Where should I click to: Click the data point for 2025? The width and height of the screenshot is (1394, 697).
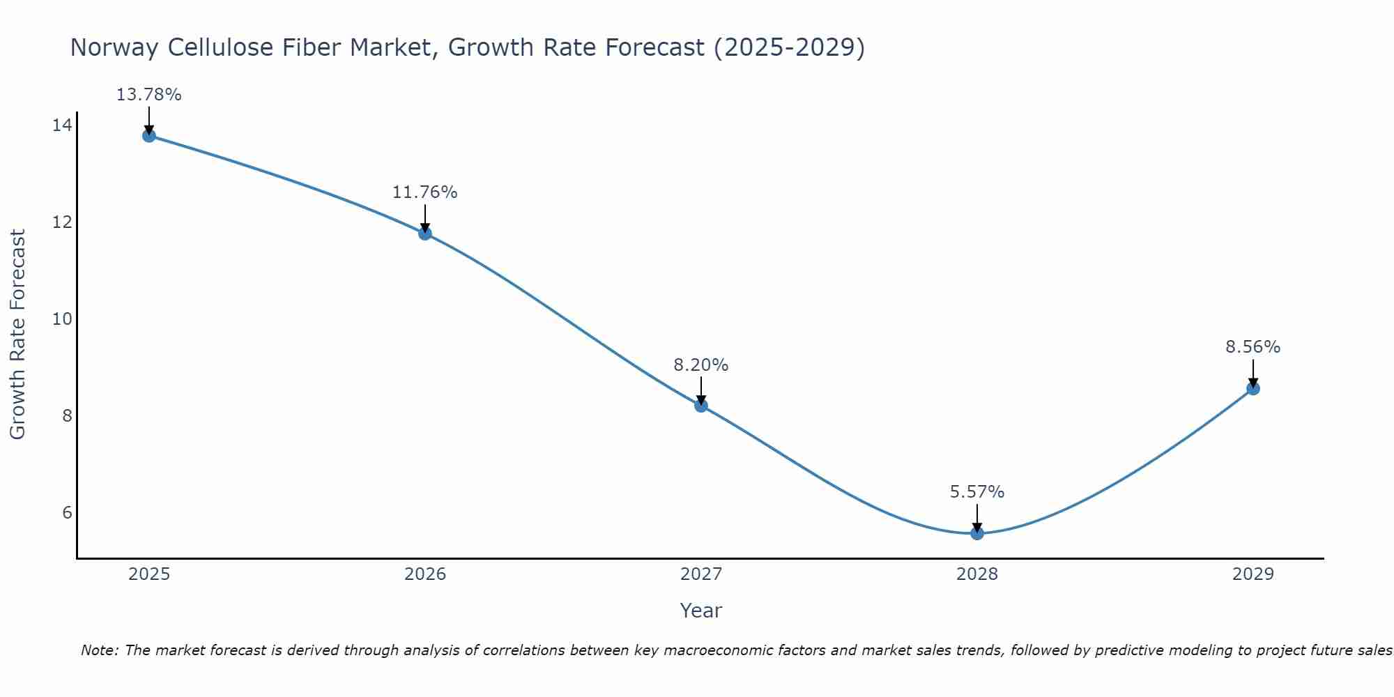[x=148, y=135]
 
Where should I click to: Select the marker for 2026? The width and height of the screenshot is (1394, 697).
[x=425, y=233]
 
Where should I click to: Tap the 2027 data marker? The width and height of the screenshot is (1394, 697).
[x=701, y=406]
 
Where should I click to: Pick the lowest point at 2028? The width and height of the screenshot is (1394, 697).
[x=977, y=533]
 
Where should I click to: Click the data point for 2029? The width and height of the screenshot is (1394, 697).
[x=1253, y=388]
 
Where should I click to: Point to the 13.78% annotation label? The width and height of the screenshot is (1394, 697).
[x=148, y=95]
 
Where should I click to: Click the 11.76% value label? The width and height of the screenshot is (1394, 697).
[x=424, y=192]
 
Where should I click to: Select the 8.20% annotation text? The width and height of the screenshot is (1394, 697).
[x=700, y=365]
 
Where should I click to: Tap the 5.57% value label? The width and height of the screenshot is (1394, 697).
[x=976, y=492]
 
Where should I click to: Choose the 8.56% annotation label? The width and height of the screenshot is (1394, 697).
[x=1253, y=347]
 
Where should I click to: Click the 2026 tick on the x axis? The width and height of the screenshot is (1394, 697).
[x=425, y=574]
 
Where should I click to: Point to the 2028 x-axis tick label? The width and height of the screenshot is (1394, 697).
[x=977, y=574]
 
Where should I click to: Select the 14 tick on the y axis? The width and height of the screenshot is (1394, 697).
[x=62, y=125]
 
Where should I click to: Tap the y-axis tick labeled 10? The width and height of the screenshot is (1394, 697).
[x=62, y=319]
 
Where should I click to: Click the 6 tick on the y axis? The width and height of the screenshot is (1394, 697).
[x=67, y=513]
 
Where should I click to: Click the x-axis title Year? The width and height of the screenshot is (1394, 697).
[x=700, y=611]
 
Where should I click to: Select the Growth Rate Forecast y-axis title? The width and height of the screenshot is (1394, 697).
[x=18, y=335]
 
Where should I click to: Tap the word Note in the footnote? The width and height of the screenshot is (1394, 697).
[x=100, y=650]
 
